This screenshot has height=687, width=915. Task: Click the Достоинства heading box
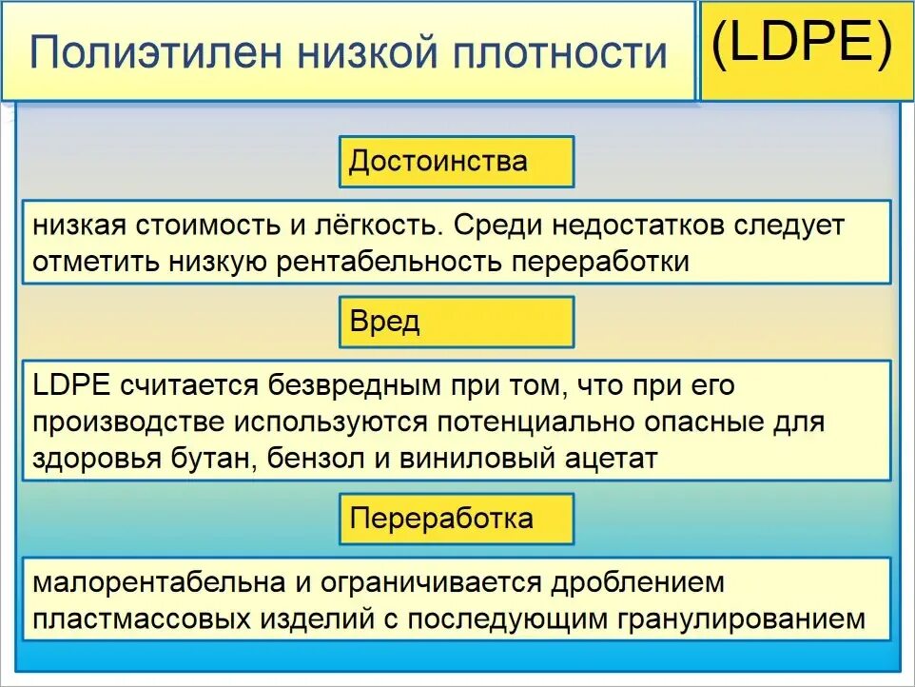tap(457, 161)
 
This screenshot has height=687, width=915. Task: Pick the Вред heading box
tap(457, 322)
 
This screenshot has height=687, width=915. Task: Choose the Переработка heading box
tap(457, 519)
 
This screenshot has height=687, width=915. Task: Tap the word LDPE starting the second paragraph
tap(73, 386)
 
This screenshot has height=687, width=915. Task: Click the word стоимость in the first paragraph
tap(205, 227)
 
